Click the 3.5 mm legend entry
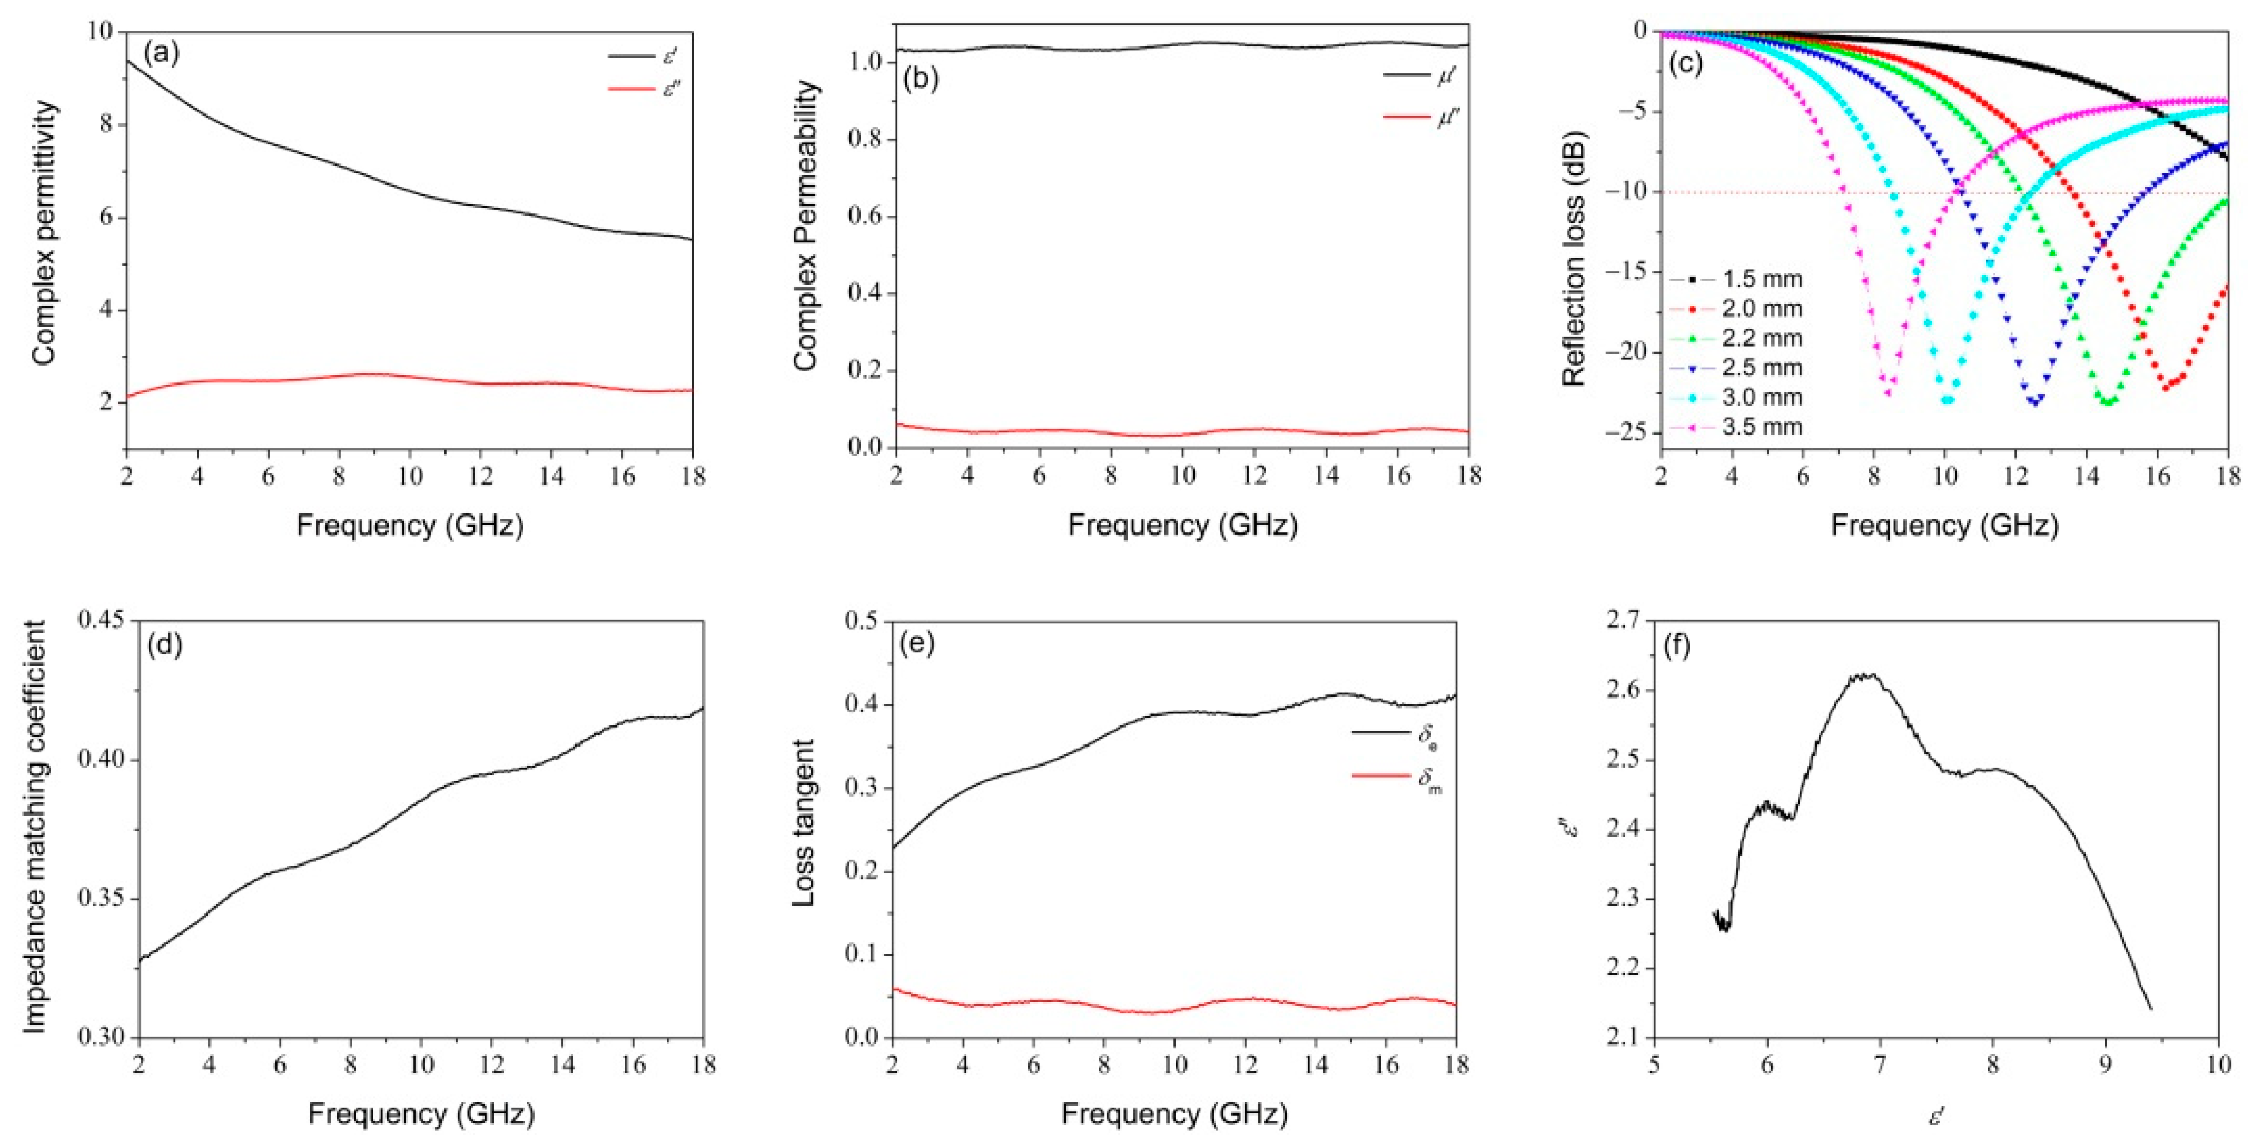[x=1761, y=427]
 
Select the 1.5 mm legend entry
[x=1761, y=280]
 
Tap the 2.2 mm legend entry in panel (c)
[x=1761, y=338]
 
